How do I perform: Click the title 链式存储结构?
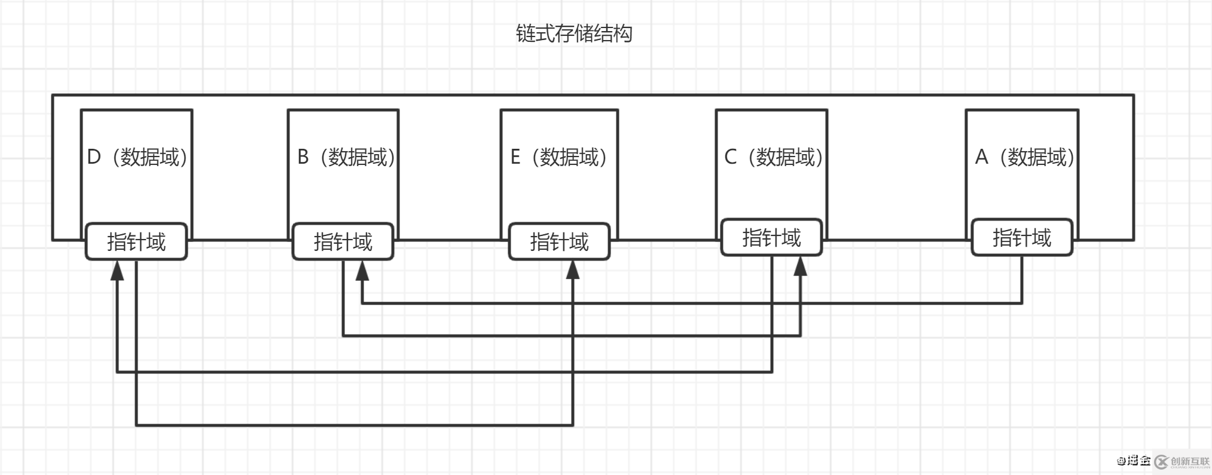click(573, 33)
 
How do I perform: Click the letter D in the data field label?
click(94, 157)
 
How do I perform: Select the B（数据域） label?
click(345, 157)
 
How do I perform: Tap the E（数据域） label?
click(558, 157)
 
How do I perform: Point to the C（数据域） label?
click(773, 157)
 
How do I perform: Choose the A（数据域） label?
click(1024, 157)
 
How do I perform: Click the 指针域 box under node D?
click(136, 242)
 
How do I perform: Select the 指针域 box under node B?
click(343, 242)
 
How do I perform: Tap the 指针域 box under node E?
click(559, 242)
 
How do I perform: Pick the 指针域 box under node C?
click(771, 238)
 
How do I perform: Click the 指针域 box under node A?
click(1022, 238)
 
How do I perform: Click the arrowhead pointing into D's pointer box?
click(117, 271)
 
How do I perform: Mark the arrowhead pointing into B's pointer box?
click(362, 271)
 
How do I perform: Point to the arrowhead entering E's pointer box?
click(573, 271)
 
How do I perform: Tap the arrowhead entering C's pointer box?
click(800, 266)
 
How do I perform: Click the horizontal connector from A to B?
click(688, 304)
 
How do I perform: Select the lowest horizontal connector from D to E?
click(353, 425)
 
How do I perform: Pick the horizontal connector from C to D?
click(442, 372)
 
